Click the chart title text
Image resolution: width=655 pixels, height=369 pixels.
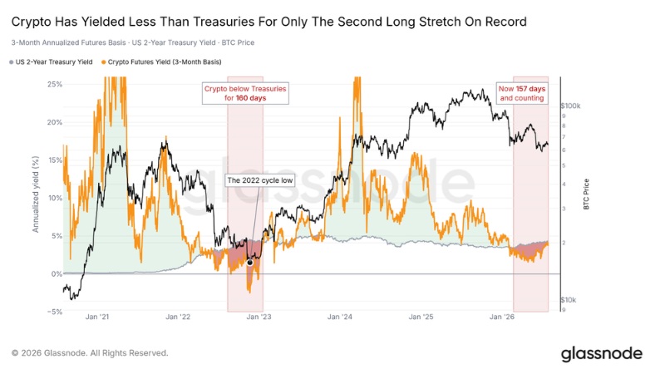tap(268, 22)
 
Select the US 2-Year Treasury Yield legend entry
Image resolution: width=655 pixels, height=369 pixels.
tap(51, 61)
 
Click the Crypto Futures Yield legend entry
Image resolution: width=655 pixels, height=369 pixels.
tap(161, 61)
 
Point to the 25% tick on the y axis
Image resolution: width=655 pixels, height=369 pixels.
tap(55, 84)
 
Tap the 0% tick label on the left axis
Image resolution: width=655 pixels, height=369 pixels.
tap(57, 274)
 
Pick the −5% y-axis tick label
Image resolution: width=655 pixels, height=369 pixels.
tap(54, 312)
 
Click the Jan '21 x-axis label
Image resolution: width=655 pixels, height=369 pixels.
tap(97, 317)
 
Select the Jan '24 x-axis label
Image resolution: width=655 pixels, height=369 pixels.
tap(340, 317)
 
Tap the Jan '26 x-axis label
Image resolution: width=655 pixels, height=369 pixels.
tap(502, 317)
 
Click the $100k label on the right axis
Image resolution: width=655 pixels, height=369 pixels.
tap(570, 106)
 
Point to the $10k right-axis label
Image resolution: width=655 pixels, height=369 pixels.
tap(569, 300)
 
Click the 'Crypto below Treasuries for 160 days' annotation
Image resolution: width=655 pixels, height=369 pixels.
tap(245, 94)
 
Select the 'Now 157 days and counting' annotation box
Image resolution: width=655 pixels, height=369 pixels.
tap(522, 94)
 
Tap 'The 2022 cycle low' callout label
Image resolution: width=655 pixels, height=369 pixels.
tap(260, 180)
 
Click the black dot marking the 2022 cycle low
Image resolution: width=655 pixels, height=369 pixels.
tap(250, 263)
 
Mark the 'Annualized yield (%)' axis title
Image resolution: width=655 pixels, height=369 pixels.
tap(36, 194)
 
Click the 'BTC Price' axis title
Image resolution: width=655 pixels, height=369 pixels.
tap(586, 194)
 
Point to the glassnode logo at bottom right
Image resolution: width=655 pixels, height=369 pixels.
tap(602, 354)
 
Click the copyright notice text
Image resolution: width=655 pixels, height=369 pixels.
tap(90, 353)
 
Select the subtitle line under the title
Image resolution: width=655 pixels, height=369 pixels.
tap(133, 42)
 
